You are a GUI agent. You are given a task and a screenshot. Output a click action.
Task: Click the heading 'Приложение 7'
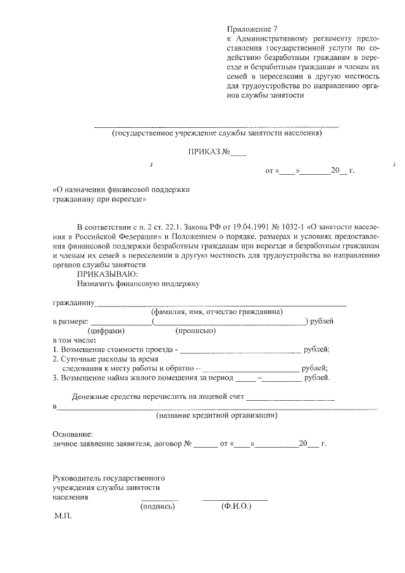pos(252,29)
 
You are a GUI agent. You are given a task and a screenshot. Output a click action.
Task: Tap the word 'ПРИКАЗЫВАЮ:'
pos(105,274)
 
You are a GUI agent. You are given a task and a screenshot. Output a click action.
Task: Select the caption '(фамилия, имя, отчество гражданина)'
pos(216,312)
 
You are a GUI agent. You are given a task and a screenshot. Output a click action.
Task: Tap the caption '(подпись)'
pos(158,507)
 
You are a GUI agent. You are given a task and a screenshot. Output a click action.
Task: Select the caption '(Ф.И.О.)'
pos(236,507)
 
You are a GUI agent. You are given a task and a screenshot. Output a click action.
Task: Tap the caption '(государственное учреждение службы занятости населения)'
pos(216,133)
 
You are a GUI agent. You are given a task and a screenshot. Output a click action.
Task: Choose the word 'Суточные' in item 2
pos(77,359)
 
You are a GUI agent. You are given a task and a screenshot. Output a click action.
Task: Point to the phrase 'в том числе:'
pos(73,340)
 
